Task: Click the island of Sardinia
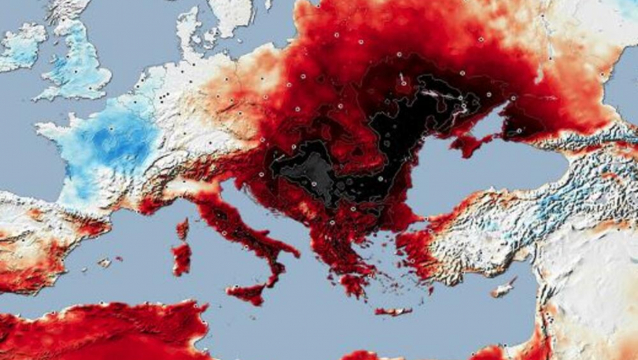[x=182, y=259]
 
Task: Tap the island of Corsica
[x=182, y=229]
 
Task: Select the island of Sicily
[x=247, y=293]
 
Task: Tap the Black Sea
[x=473, y=178]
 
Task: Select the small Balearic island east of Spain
[x=104, y=262]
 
